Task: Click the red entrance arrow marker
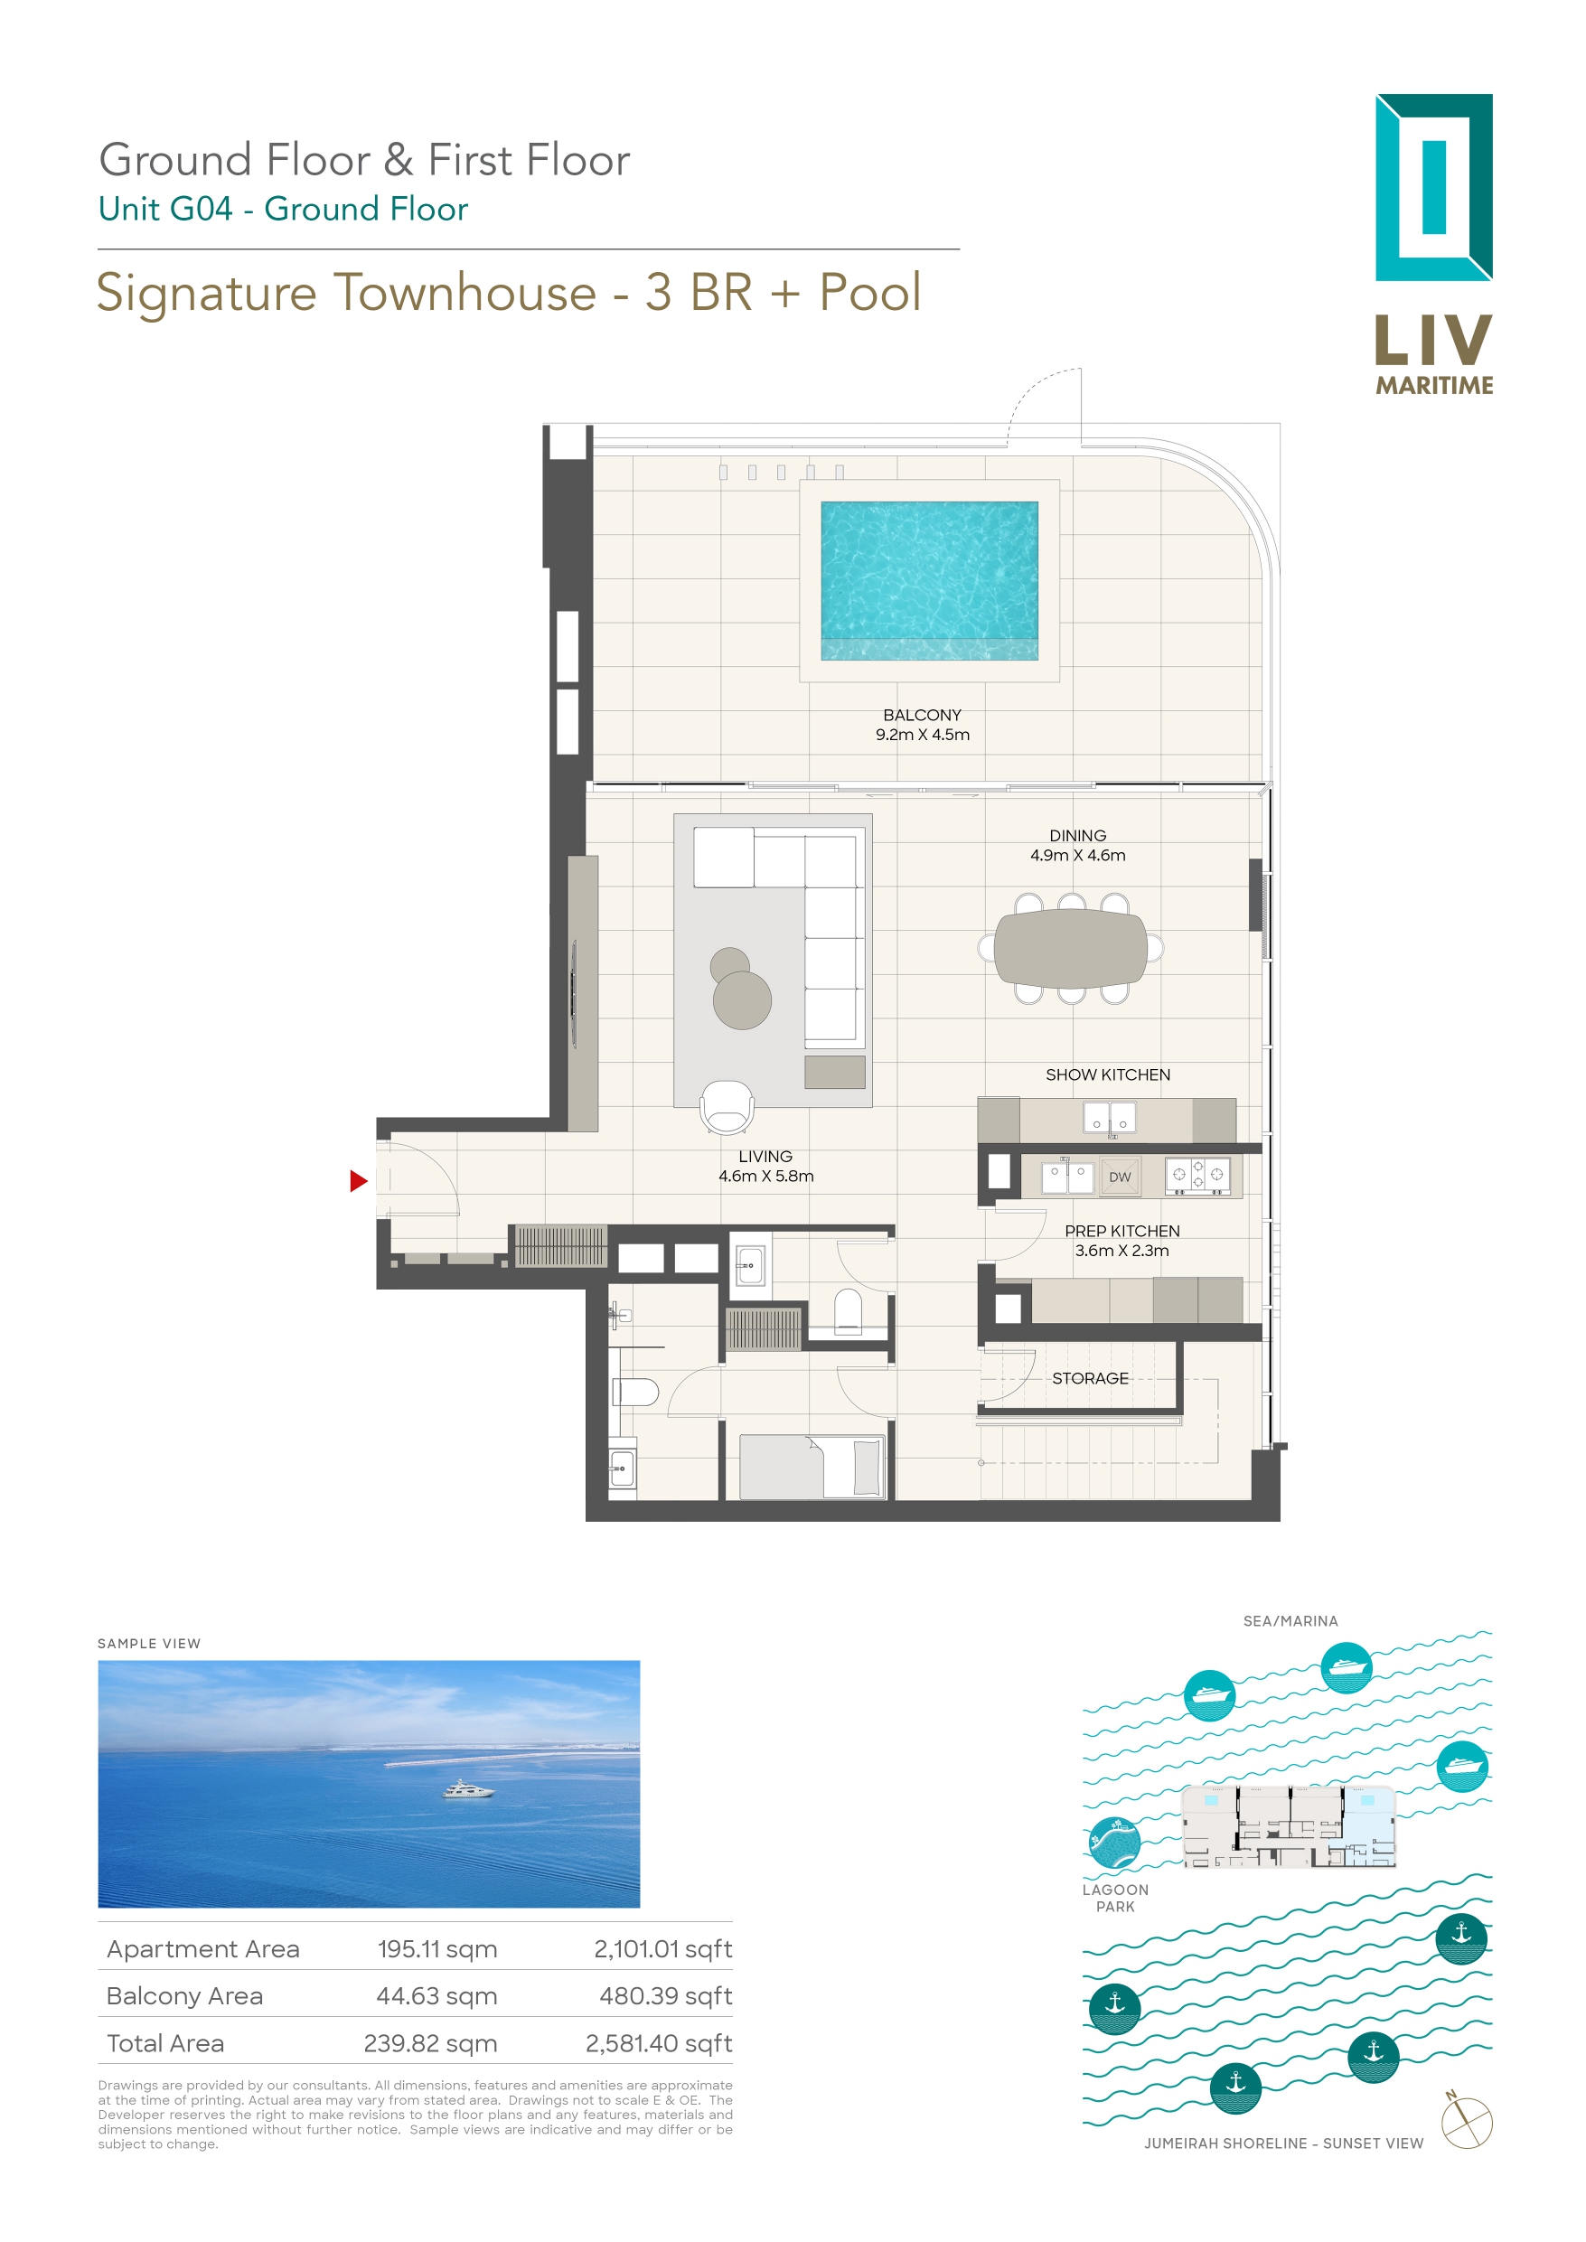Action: tap(358, 1181)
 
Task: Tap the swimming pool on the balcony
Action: tap(929, 580)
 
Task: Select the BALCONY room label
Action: tap(922, 716)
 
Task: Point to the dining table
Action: tap(1070, 947)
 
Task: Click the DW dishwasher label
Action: tap(1119, 1177)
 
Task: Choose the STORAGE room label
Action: tap(1090, 1379)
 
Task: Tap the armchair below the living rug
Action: tap(727, 1107)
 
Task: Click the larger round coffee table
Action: tap(742, 1000)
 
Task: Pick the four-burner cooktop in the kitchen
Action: tap(1198, 1176)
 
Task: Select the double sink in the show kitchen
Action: tap(1110, 1117)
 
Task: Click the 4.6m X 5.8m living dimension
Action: tap(765, 1177)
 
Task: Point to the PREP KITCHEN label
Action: tap(1122, 1232)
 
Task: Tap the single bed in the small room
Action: tap(812, 1467)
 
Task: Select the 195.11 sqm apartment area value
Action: tap(436, 1950)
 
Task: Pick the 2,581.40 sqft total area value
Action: tap(658, 2044)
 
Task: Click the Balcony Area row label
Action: tap(184, 1997)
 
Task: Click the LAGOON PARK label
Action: tap(1115, 1899)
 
